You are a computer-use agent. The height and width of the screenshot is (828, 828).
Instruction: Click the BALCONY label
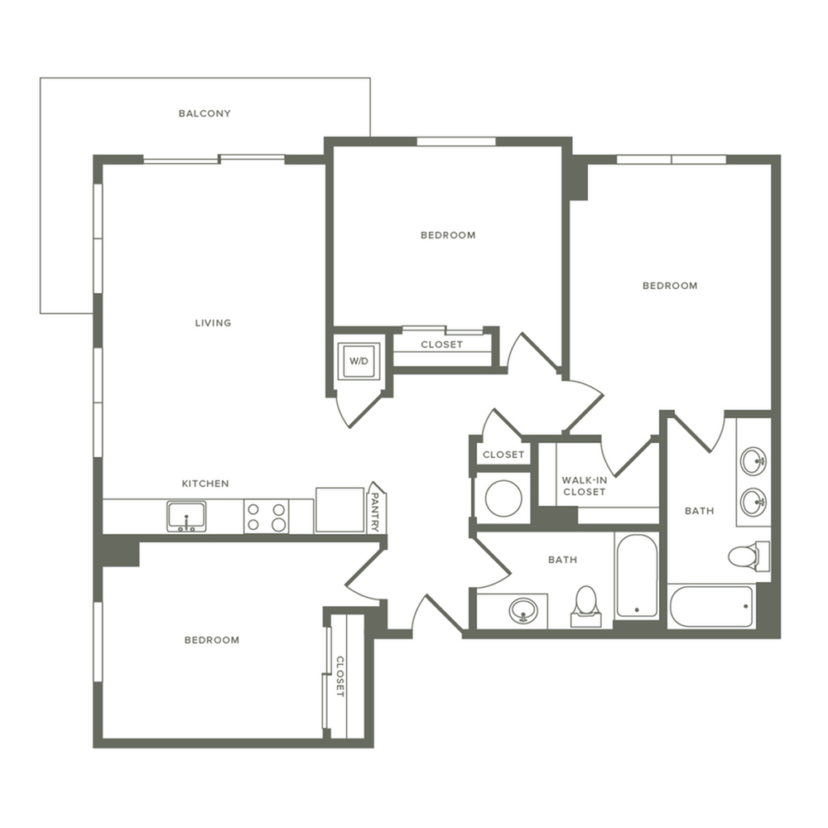[205, 113]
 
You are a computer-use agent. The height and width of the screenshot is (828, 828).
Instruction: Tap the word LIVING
[213, 323]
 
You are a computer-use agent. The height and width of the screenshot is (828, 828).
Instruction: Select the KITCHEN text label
[205, 484]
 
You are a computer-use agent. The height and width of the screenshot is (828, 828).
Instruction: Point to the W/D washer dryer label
[359, 361]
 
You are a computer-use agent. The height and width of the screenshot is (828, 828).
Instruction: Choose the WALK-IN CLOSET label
[584, 486]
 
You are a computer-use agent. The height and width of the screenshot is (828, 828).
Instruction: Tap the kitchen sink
[187, 517]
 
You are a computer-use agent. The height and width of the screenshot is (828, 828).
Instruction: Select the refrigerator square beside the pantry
[339, 510]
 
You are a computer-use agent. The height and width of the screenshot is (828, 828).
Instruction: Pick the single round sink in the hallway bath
[522, 611]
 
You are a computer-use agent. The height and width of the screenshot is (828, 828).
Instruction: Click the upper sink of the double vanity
[753, 461]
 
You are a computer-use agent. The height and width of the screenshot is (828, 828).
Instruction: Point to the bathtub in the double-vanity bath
[711, 608]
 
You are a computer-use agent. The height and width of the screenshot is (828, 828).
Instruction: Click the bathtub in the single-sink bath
[636, 576]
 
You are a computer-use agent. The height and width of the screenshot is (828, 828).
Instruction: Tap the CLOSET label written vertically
[339, 676]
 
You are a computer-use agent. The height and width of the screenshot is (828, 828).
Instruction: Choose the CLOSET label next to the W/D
[441, 344]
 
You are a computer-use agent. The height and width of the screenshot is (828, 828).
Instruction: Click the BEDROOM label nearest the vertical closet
[212, 640]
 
